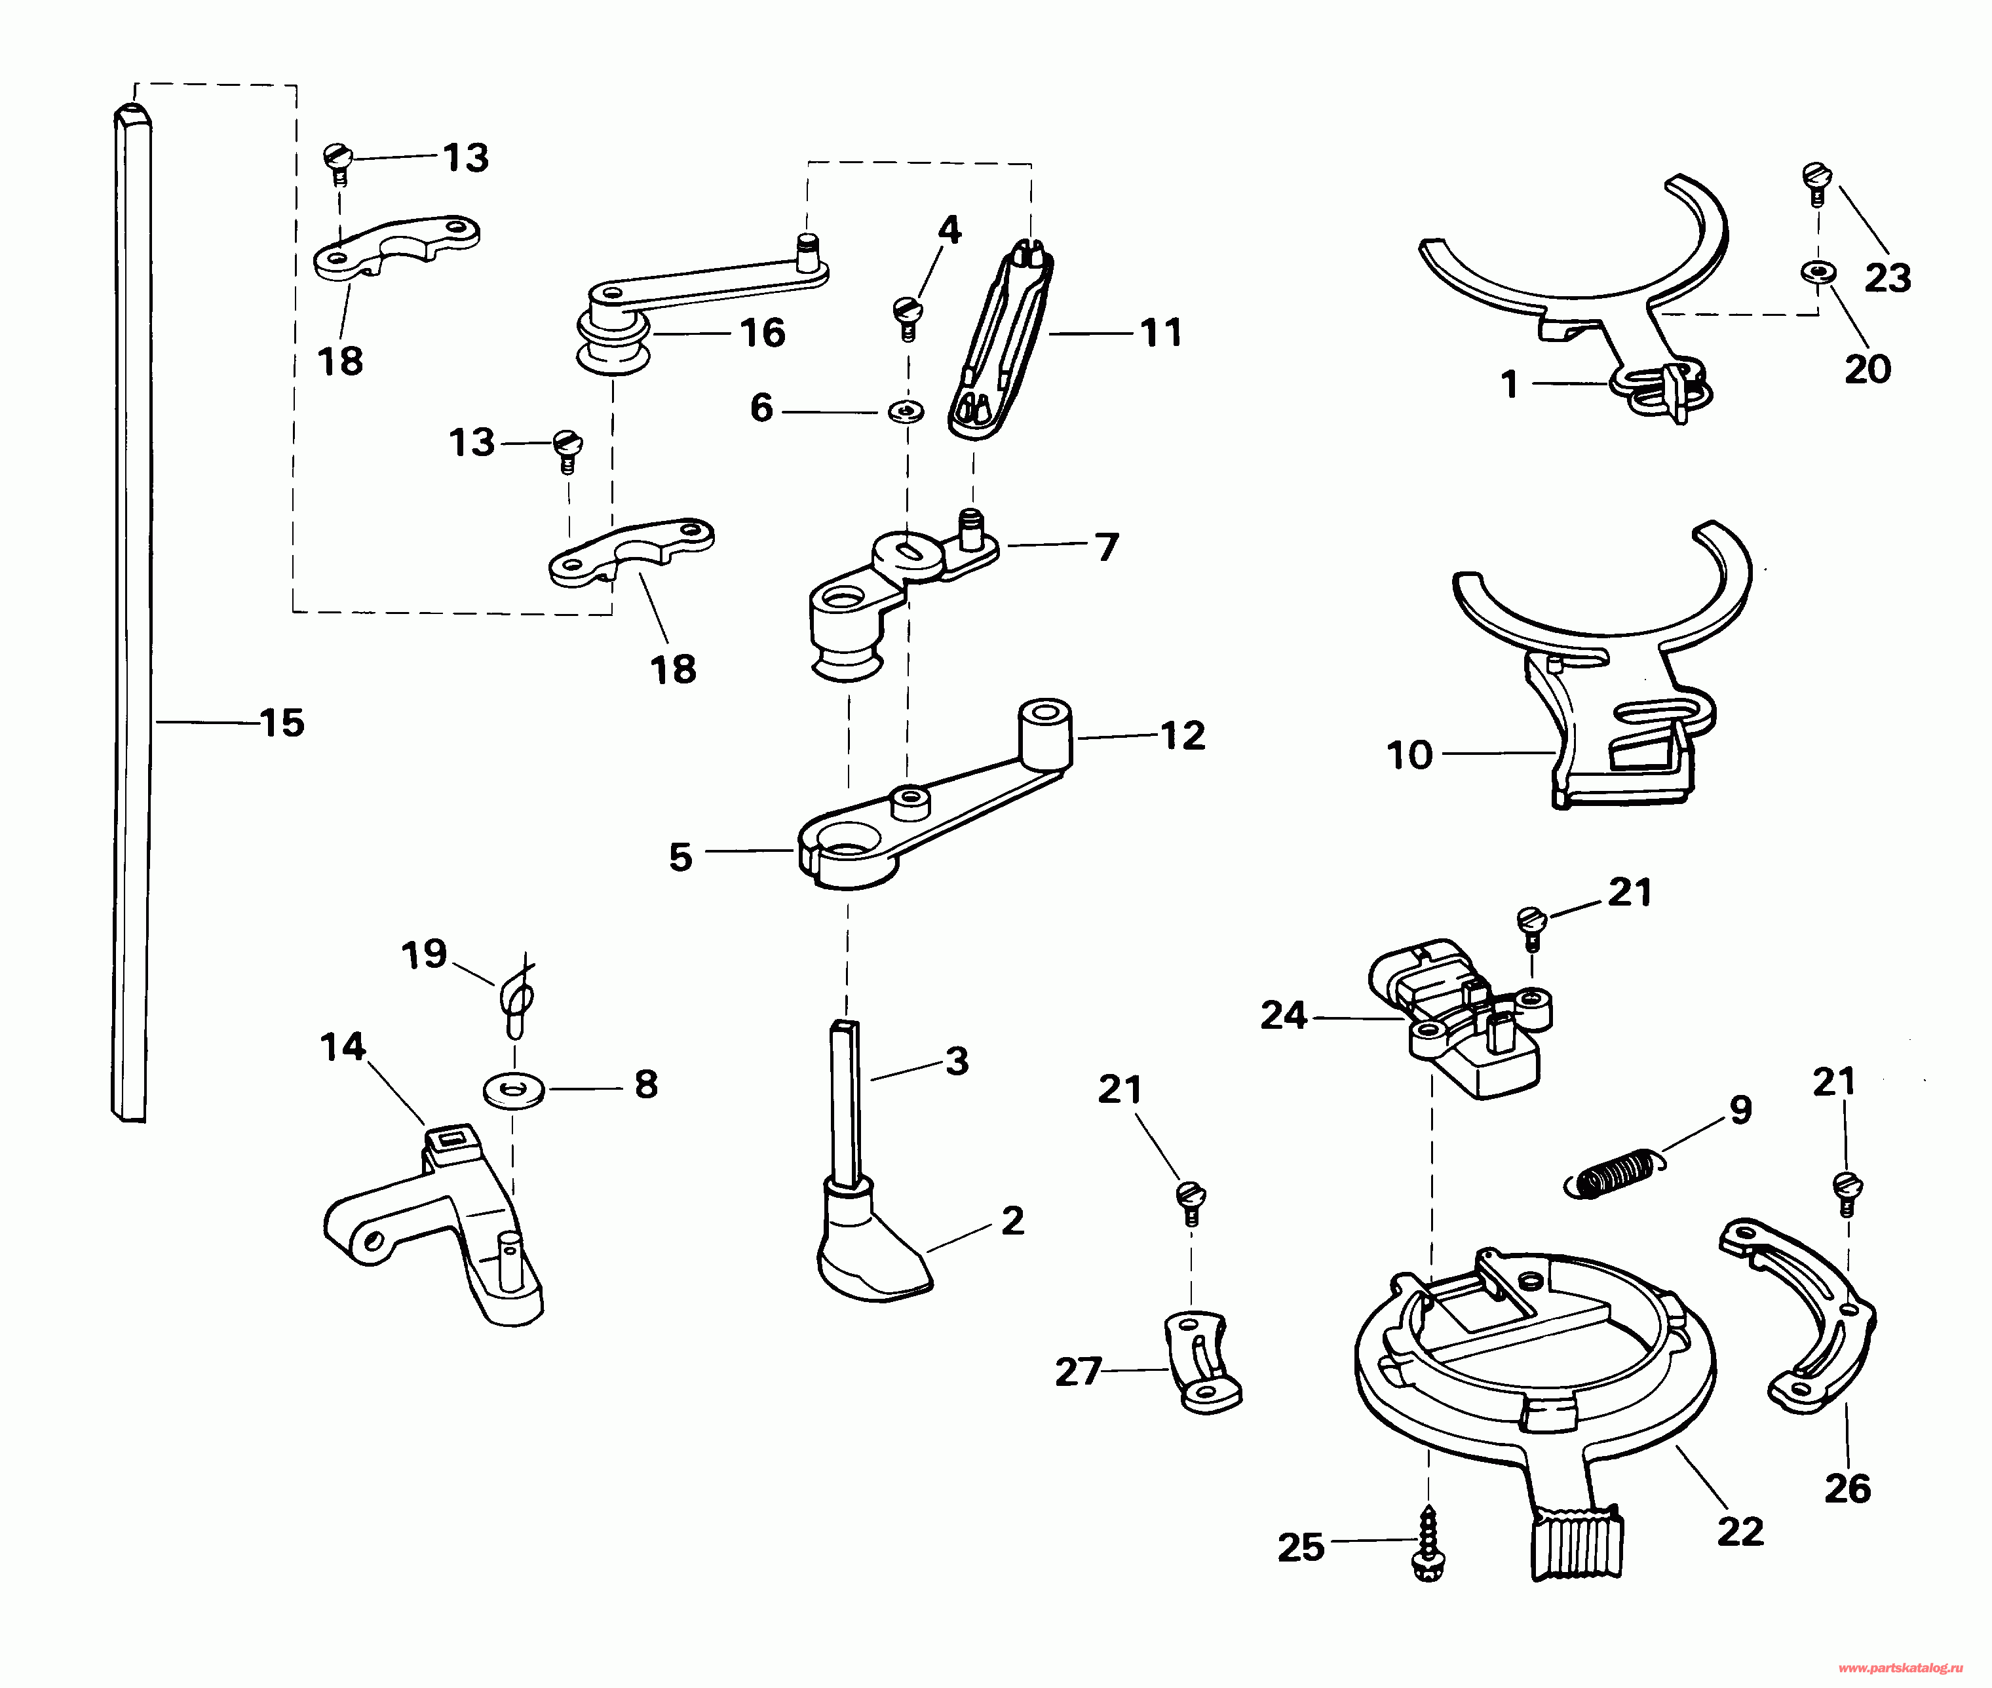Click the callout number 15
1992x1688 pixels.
click(x=282, y=723)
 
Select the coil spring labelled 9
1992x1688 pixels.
click(x=1614, y=1174)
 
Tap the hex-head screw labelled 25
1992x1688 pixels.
click(x=1428, y=1543)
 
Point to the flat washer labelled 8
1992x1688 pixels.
click(x=514, y=1089)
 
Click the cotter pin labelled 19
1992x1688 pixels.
click(x=516, y=998)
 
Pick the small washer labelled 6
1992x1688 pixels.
click(x=905, y=412)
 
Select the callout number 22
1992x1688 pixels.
click(x=1740, y=1532)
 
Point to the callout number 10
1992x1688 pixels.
click(x=1409, y=755)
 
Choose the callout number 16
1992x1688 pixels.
click(x=763, y=333)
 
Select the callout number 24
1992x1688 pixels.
click(x=1283, y=1014)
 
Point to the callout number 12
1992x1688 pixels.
click(x=1183, y=735)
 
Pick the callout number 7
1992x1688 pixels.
click(x=1107, y=547)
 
